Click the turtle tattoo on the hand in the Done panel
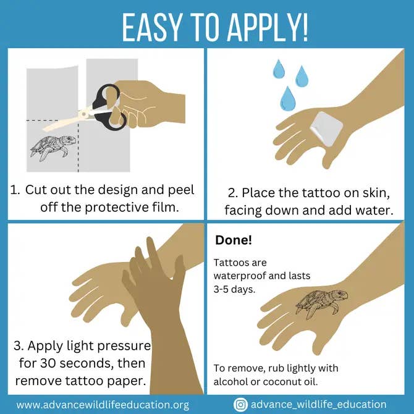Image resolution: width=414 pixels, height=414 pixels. (x=318, y=301)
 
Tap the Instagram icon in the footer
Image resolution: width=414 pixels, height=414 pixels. (x=240, y=404)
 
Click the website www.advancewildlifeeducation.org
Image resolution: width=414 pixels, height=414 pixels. (x=103, y=405)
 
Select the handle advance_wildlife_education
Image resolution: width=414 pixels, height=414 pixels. (x=319, y=404)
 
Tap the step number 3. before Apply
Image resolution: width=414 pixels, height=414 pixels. (x=19, y=345)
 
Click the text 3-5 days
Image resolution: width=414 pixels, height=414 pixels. (x=234, y=289)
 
